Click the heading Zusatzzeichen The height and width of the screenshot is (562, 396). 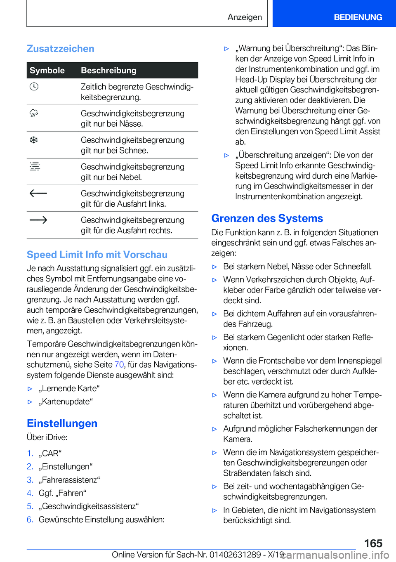click(60, 49)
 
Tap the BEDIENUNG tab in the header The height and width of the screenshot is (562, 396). click(358, 17)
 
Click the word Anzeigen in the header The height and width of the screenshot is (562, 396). click(245, 17)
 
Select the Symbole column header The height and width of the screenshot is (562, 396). click(47, 71)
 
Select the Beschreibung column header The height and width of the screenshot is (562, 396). click(108, 71)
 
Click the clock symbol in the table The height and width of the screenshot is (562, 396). click(34, 87)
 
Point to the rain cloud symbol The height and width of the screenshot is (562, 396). click(34, 113)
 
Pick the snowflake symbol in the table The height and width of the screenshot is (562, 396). click(34, 140)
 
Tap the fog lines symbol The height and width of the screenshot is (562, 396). click(35, 167)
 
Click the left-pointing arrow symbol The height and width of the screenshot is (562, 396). click(38, 193)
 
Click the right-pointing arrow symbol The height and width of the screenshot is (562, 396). click(38, 220)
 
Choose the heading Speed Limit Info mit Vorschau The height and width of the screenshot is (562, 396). click(97, 255)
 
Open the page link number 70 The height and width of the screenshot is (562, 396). click(119, 365)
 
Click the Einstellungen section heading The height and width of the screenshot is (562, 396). click(62, 423)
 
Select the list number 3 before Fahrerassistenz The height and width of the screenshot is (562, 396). click(30, 480)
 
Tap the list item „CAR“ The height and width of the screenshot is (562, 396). click(50, 453)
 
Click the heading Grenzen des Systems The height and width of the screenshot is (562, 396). click(267, 218)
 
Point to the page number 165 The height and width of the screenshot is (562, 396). click(373, 543)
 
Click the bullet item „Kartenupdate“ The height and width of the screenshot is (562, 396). click(66, 402)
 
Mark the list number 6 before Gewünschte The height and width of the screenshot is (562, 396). click(30, 519)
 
